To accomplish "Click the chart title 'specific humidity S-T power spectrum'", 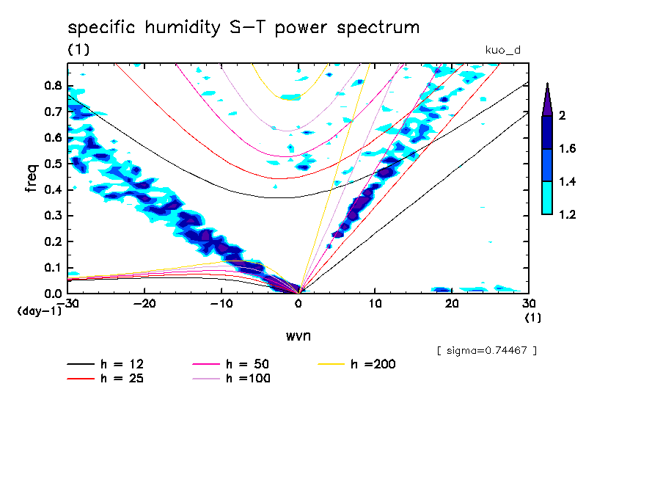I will tap(243, 28).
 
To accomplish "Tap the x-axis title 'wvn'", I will tap(297, 336).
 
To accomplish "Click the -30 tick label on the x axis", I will tap(67, 303).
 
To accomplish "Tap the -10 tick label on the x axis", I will tap(221, 303).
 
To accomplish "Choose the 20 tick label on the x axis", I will tap(452, 303).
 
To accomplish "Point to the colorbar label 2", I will tap(561, 116).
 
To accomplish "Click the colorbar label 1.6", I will tap(565, 149).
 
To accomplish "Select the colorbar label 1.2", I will tap(565, 214).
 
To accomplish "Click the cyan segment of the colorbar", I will tap(547, 197).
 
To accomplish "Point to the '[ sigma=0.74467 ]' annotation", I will tap(486, 350).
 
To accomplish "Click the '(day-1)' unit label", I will tap(39, 311).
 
